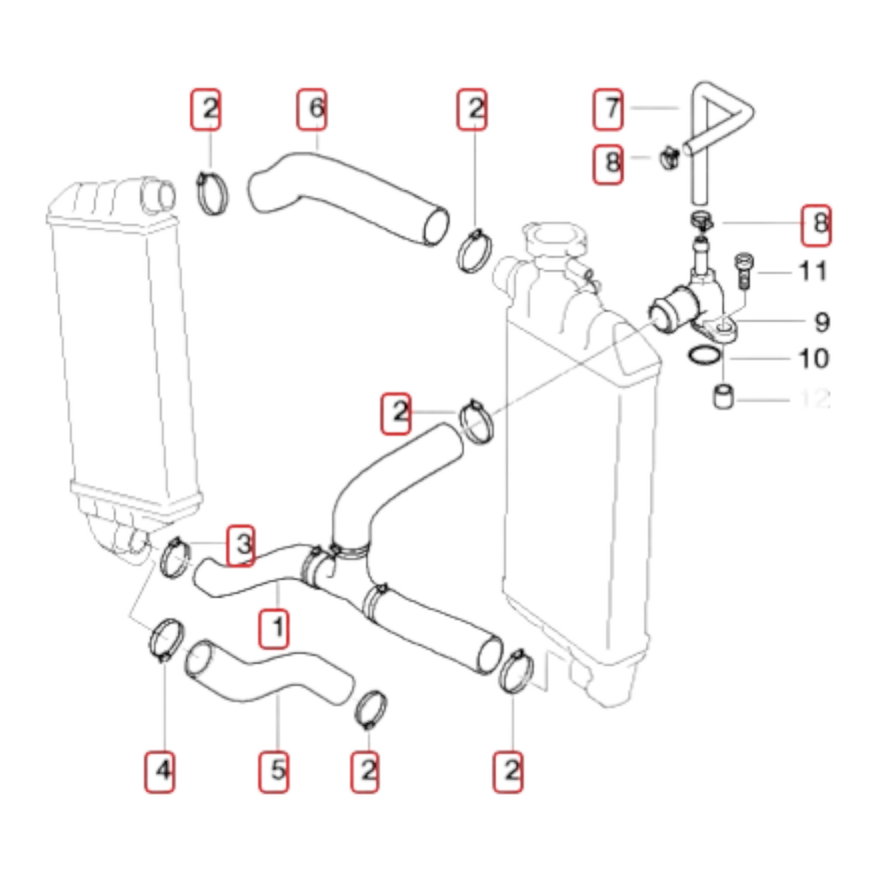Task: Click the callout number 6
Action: point(312,110)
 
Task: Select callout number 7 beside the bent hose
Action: point(608,110)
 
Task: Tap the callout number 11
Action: point(813,271)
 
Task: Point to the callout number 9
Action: point(821,321)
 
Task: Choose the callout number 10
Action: point(814,358)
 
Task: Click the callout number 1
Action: point(274,629)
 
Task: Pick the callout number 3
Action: point(241,545)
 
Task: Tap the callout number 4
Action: point(160,771)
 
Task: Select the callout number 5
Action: point(274,771)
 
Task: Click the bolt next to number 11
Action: point(743,270)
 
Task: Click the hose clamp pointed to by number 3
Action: point(175,558)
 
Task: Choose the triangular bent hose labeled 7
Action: point(718,130)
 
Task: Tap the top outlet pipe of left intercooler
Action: point(157,195)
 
